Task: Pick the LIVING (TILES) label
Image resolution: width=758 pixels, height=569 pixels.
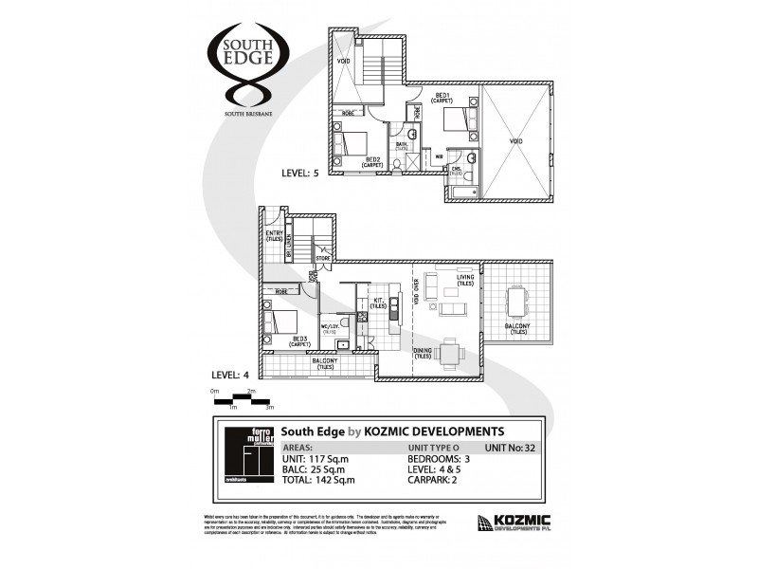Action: point(464,282)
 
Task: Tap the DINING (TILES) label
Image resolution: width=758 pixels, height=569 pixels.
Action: point(423,354)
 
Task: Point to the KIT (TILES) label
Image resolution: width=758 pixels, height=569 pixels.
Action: point(376,303)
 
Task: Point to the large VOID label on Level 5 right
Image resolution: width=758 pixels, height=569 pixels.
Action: point(515,141)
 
